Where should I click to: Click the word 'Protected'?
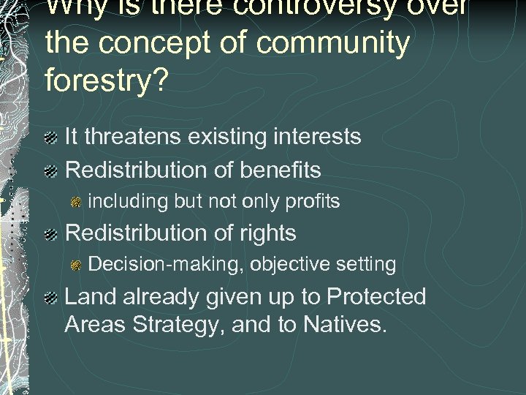tap(376, 296)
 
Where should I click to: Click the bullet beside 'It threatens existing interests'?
tap(50, 138)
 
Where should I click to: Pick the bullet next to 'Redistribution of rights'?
tap(50, 234)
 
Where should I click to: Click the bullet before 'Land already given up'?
tap(50, 298)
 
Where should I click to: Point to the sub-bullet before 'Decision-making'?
tap(76, 265)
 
